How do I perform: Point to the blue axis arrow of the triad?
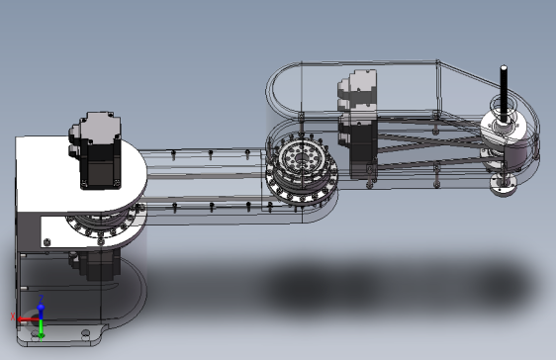click(40, 305)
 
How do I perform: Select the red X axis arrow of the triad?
click(22, 317)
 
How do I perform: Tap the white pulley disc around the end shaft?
click(504, 128)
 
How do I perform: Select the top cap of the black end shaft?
click(504, 68)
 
